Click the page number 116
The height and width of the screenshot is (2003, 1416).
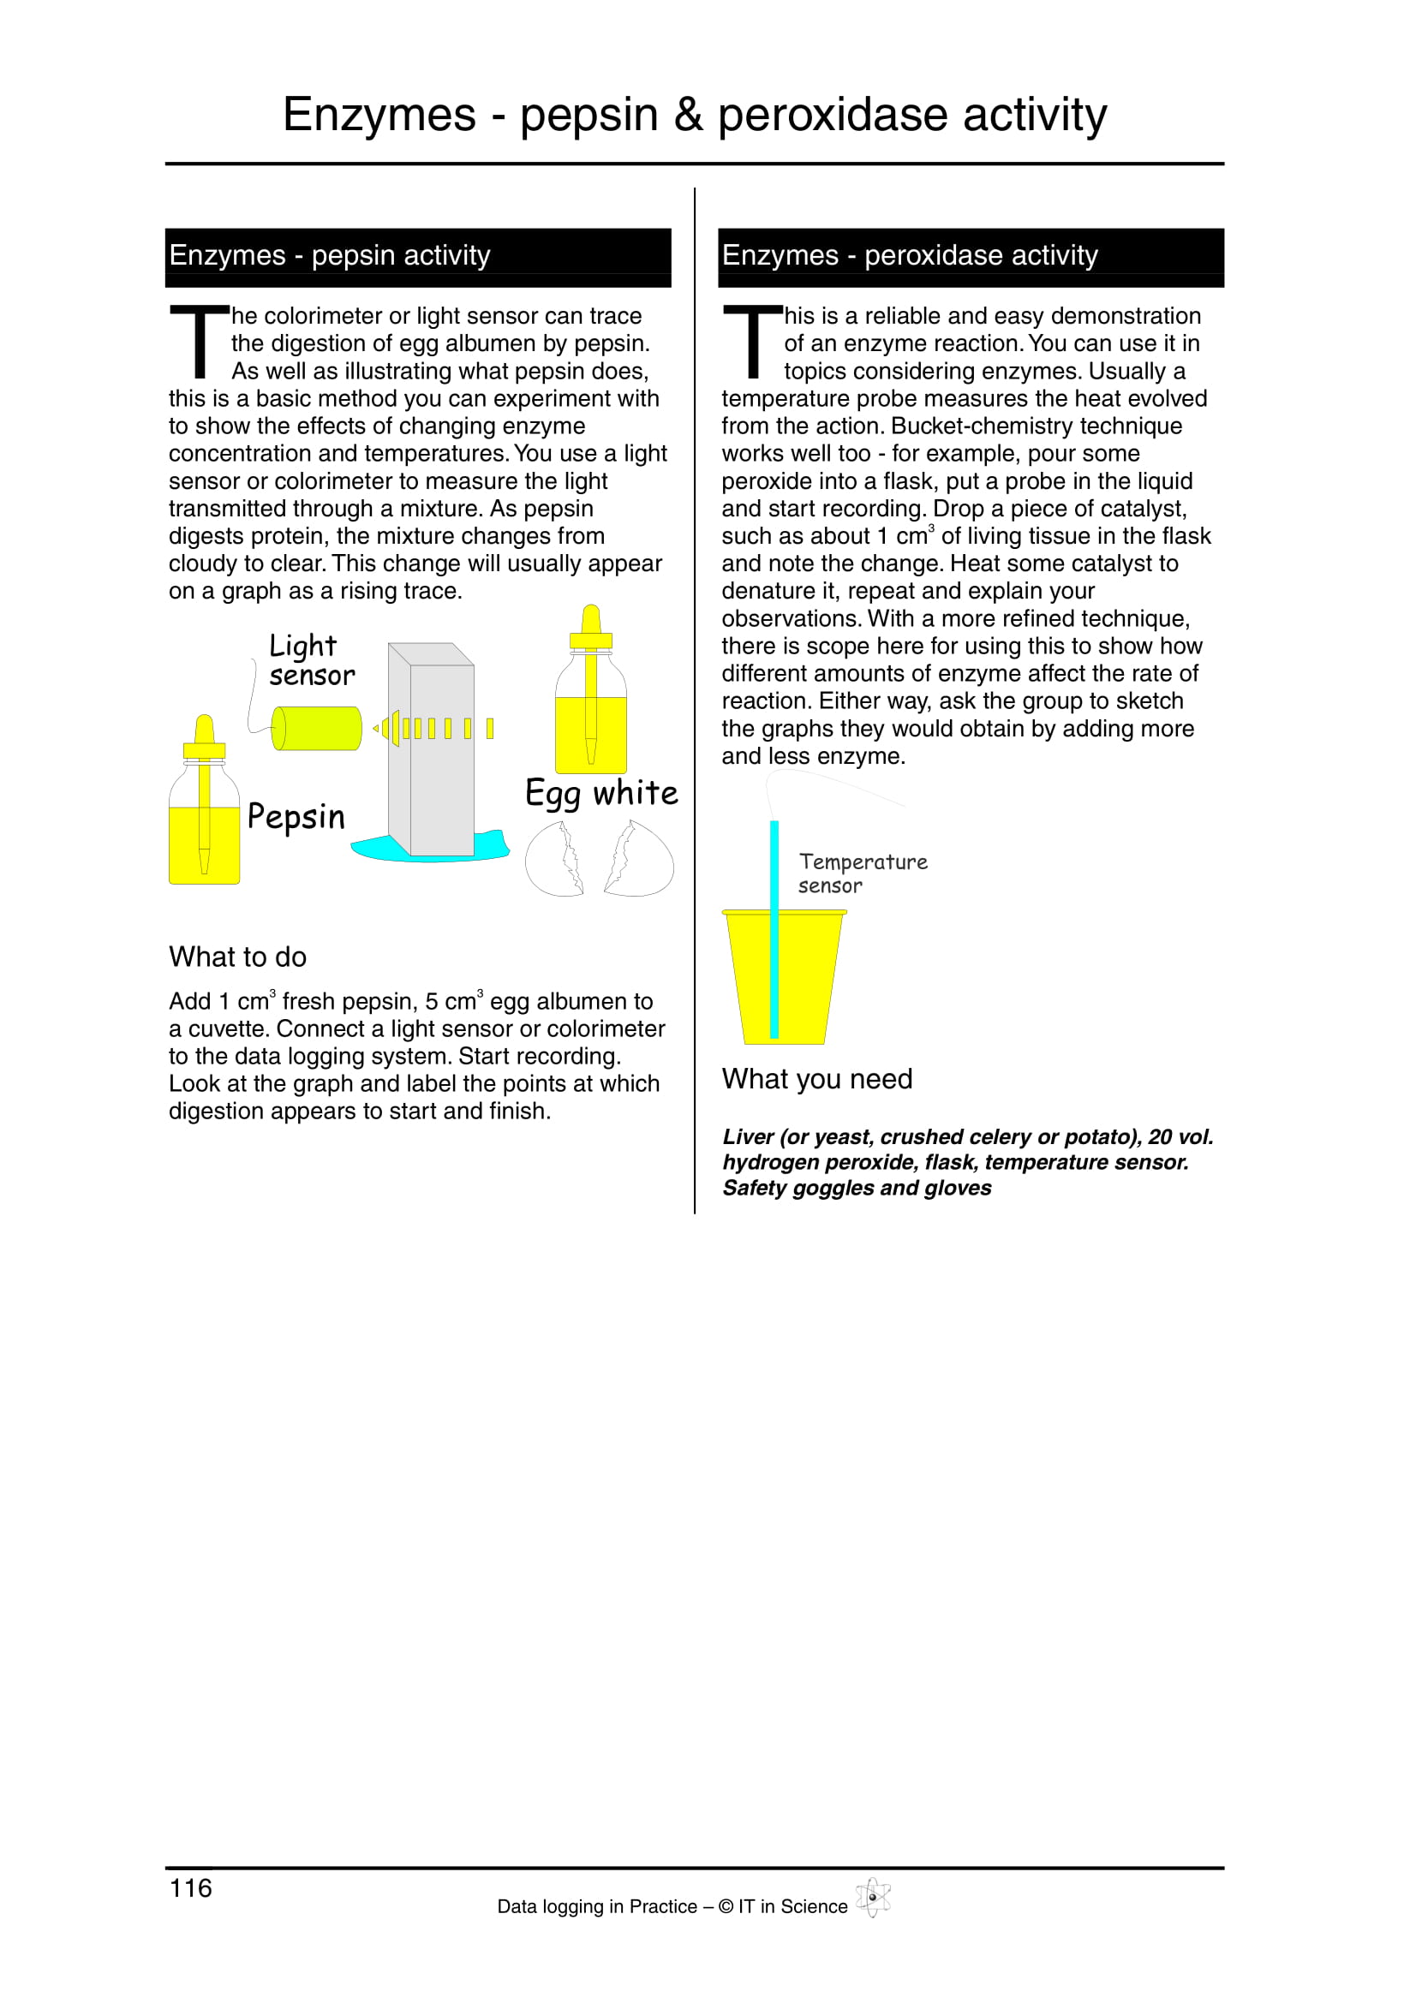pyautogui.click(x=190, y=1888)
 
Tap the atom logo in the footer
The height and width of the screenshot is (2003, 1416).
pyautogui.click(x=872, y=1897)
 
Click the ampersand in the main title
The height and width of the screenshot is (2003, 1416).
pyautogui.click(x=688, y=115)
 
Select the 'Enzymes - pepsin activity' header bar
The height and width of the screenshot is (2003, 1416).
pyautogui.click(x=418, y=257)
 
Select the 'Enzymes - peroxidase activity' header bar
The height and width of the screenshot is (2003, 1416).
pyautogui.click(x=971, y=257)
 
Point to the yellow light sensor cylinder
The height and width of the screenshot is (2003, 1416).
pyautogui.click(x=316, y=729)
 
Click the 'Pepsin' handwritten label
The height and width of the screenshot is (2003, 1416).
pyautogui.click(x=296, y=817)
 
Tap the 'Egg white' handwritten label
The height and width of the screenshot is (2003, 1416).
pyautogui.click(x=601, y=794)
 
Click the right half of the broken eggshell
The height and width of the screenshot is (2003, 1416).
pyautogui.click(x=641, y=861)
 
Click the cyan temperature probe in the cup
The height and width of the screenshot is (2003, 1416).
pyautogui.click(x=774, y=929)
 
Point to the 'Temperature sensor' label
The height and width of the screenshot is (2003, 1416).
pyautogui.click(x=862, y=873)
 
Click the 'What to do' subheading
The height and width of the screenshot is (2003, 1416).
pyautogui.click(x=237, y=957)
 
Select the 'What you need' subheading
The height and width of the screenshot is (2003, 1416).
pyautogui.click(x=816, y=1079)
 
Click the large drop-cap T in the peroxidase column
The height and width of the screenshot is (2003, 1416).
pyautogui.click(x=752, y=340)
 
